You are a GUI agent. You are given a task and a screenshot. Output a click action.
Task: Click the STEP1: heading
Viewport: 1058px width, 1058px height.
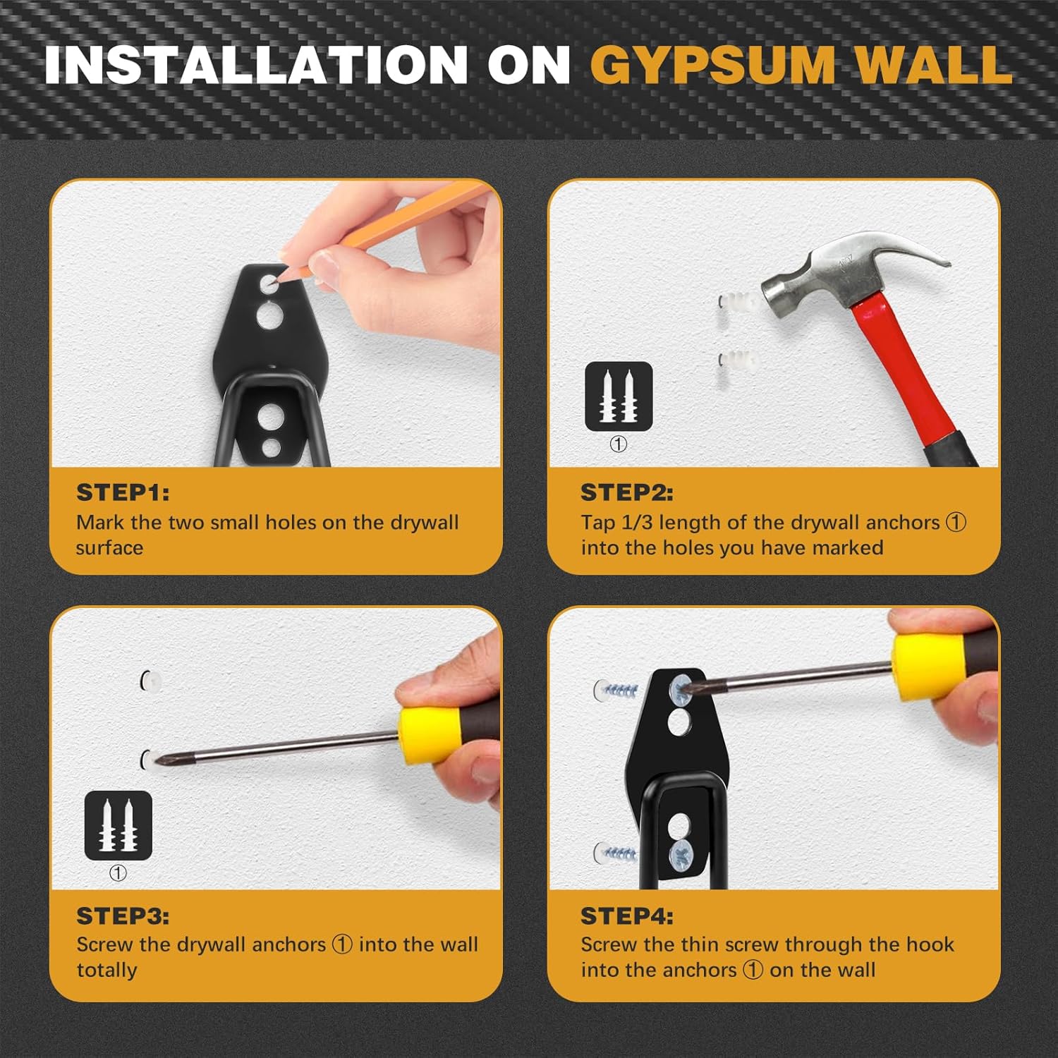point(123,492)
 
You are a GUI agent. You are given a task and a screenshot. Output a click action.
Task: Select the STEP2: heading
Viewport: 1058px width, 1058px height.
point(627,492)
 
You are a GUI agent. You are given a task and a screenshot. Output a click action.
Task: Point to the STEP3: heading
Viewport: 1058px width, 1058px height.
point(123,916)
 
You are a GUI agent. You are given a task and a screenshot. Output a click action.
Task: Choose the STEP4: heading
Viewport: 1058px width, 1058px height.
point(627,916)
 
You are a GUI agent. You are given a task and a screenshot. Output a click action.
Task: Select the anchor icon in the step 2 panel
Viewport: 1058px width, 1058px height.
point(619,396)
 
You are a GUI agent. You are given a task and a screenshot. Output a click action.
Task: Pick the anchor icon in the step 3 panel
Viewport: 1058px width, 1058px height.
point(118,825)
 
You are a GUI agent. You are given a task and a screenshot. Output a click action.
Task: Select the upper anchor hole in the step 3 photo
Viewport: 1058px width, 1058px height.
point(150,680)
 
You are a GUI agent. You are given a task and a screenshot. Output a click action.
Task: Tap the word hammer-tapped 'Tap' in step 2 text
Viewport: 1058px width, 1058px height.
point(598,523)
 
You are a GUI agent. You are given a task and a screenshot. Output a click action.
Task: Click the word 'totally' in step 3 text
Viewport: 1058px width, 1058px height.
point(107,971)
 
